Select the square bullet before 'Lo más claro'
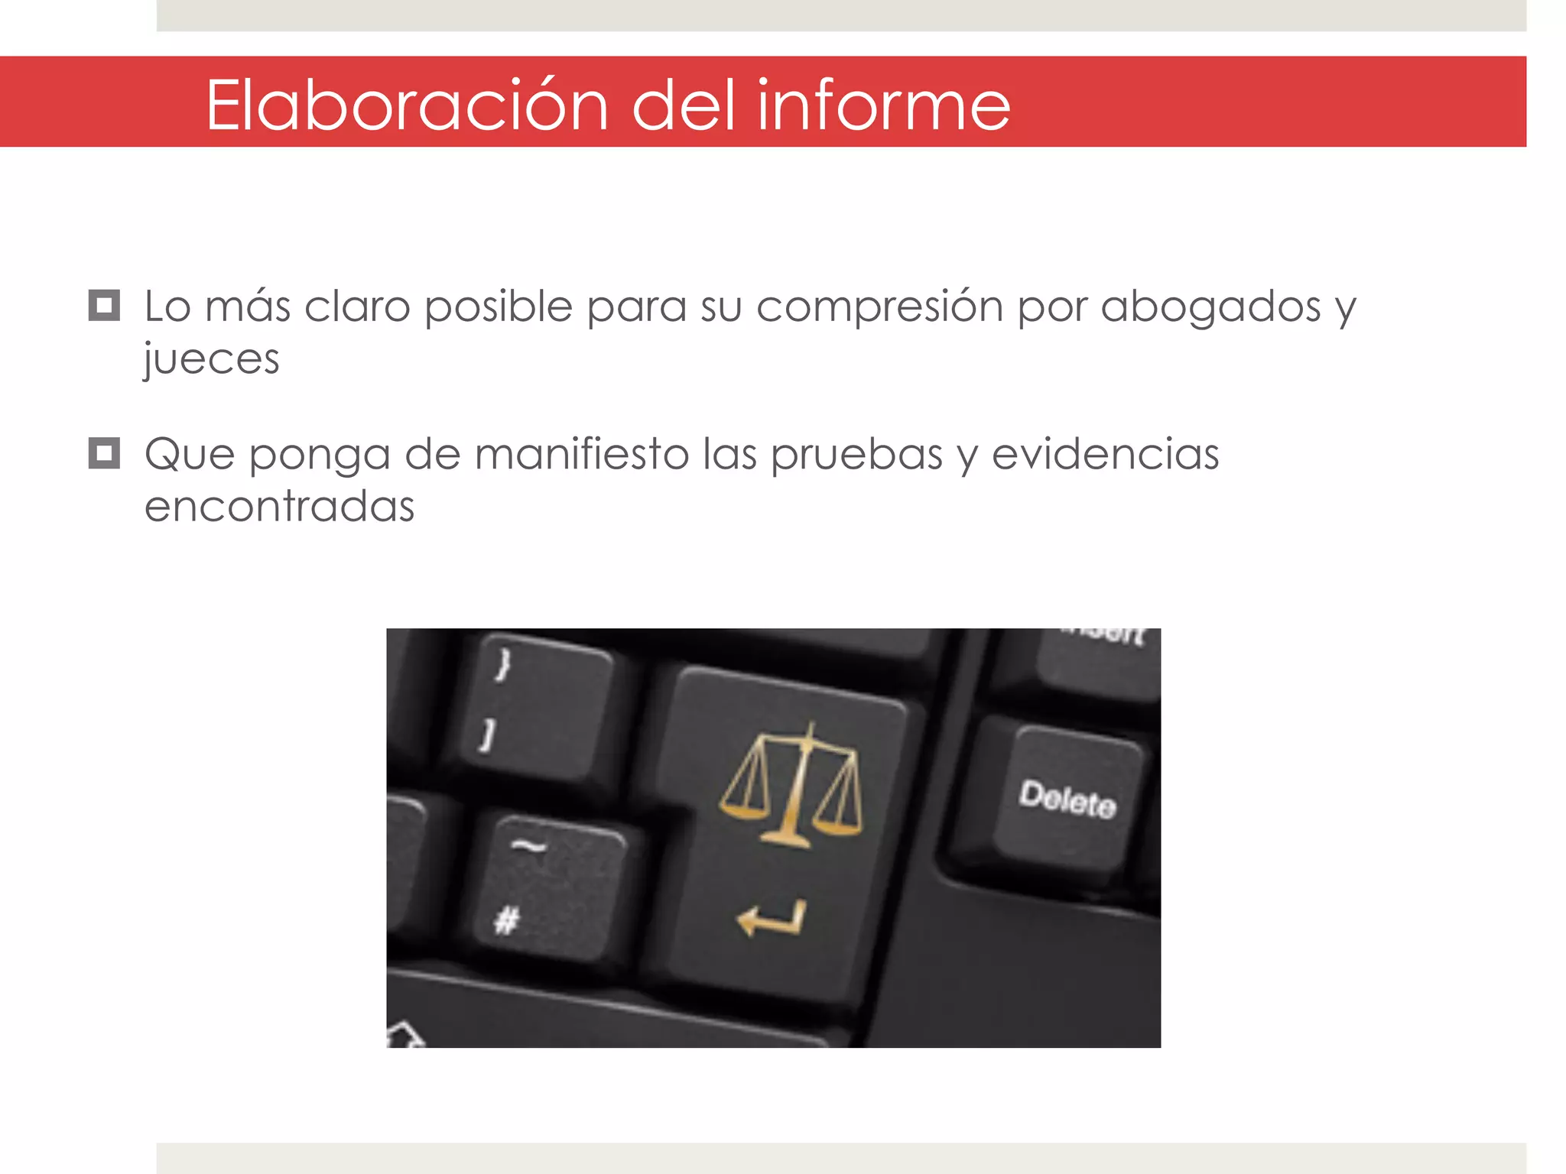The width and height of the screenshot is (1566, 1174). tap(104, 305)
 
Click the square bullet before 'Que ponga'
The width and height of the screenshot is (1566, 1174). tap(104, 452)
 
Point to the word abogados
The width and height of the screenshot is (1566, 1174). tap(1210, 307)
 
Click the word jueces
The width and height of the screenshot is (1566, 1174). tap(212, 359)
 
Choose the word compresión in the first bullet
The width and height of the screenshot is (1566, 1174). tap(879, 307)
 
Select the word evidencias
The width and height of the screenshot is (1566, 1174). tap(1105, 454)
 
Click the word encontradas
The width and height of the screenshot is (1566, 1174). tap(279, 506)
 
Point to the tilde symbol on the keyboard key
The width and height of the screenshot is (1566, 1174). tap(528, 845)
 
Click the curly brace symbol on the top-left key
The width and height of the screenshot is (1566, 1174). tap(502, 663)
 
